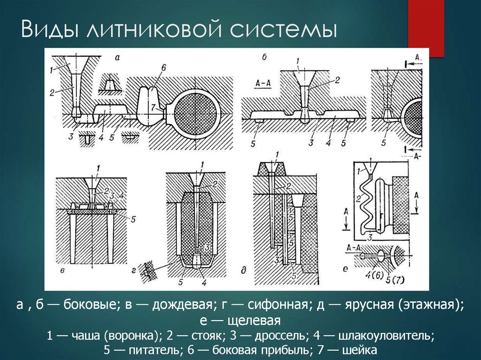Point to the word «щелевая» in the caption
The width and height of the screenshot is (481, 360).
[253, 321]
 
